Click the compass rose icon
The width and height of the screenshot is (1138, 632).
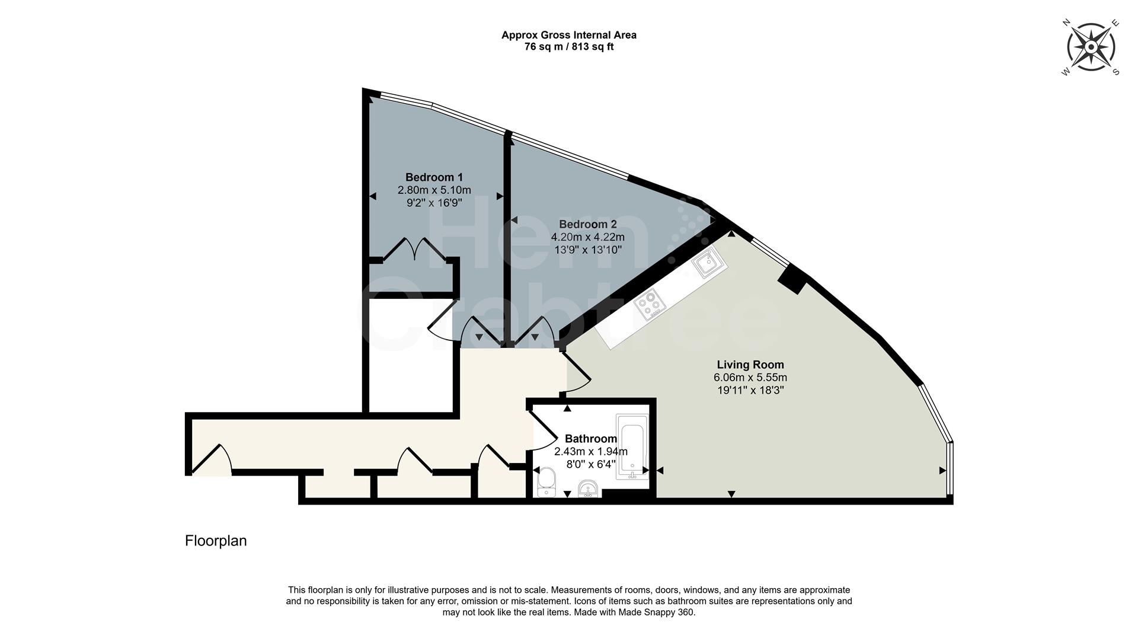click(x=1091, y=47)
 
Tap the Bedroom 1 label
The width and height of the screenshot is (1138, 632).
click(x=434, y=177)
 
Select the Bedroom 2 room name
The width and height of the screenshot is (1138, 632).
click(x=587, y=224)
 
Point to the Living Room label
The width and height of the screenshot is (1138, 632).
click(x=750, y=365)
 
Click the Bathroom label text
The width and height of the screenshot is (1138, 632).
click(x=590, y=439)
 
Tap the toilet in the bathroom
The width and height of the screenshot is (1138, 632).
click(x=545, y=481)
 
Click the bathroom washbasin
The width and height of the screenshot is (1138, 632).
click(x=588, y=489)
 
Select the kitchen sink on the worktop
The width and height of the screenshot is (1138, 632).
click(x=709, y=263)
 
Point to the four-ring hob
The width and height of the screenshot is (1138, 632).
click(x=649, y=303)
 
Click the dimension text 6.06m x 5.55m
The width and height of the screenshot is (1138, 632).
click(x=750, y=378)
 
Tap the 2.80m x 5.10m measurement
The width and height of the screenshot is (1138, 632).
click(x=434, y=190)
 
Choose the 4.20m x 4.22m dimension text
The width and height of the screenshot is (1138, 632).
click(x=587, y=237)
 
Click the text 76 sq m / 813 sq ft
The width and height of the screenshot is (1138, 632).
click(x=568, y=47)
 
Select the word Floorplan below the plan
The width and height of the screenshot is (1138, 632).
click(x=216, y=541)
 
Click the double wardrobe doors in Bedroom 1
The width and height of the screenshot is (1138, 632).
click(x=414, y=249)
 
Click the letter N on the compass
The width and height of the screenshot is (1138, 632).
click(x=1066, y=23)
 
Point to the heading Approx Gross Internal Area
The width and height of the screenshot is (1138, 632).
click(x=568, y=35)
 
